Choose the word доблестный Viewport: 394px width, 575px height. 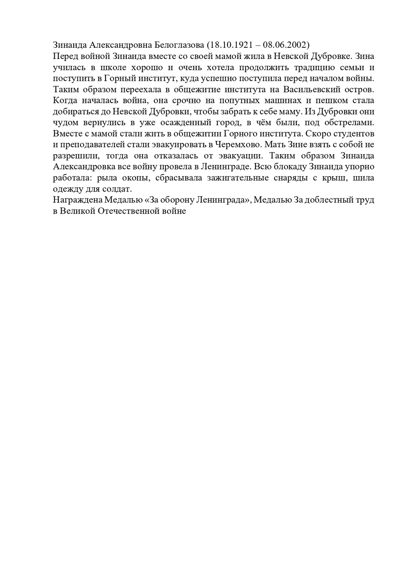[x=328, y=200]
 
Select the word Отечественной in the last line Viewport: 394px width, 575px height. [x=126, y=212]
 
